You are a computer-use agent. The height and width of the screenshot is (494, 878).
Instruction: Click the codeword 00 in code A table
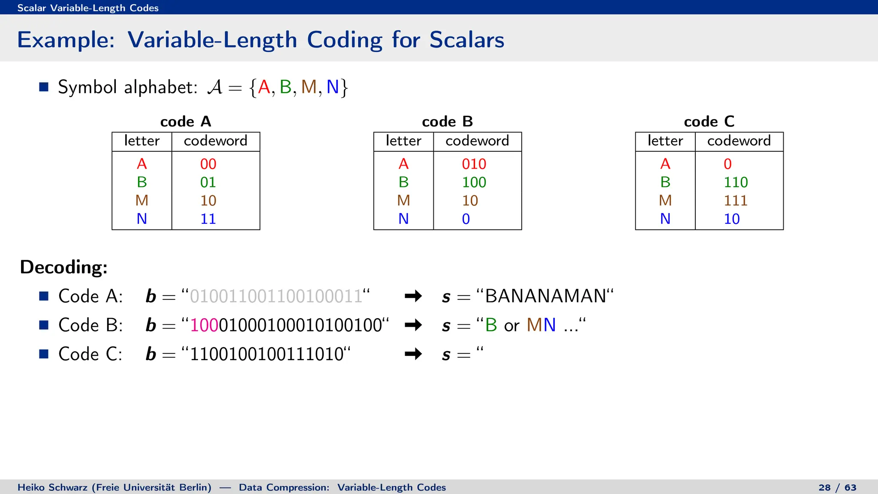208,164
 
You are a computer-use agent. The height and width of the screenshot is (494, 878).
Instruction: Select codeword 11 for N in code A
208,219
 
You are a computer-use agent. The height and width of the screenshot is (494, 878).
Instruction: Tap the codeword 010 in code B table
474,164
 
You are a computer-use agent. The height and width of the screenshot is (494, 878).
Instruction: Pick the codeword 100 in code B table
474,182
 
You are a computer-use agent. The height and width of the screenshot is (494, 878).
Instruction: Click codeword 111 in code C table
736,201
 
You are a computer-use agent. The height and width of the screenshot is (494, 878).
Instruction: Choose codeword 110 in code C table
736,182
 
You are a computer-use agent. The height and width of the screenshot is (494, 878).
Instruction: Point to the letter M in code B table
403,201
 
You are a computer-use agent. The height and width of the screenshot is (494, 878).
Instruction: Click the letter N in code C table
665,219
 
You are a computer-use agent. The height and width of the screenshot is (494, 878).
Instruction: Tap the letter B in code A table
141,182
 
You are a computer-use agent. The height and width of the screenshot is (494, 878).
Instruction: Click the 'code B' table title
447,122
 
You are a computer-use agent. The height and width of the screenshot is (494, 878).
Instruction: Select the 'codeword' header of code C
739,141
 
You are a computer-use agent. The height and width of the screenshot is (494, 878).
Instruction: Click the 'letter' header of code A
141,141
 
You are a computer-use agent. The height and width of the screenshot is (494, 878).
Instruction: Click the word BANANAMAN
545,296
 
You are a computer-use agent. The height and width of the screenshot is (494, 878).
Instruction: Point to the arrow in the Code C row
413,354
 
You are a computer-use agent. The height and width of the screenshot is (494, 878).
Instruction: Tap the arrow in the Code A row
413,296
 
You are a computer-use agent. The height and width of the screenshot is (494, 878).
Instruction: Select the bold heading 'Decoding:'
64,267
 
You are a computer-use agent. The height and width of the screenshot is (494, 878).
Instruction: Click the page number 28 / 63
837,488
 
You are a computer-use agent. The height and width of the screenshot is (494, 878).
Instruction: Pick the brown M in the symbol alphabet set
309,87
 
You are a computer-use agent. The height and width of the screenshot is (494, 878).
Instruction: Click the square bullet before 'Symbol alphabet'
44,87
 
